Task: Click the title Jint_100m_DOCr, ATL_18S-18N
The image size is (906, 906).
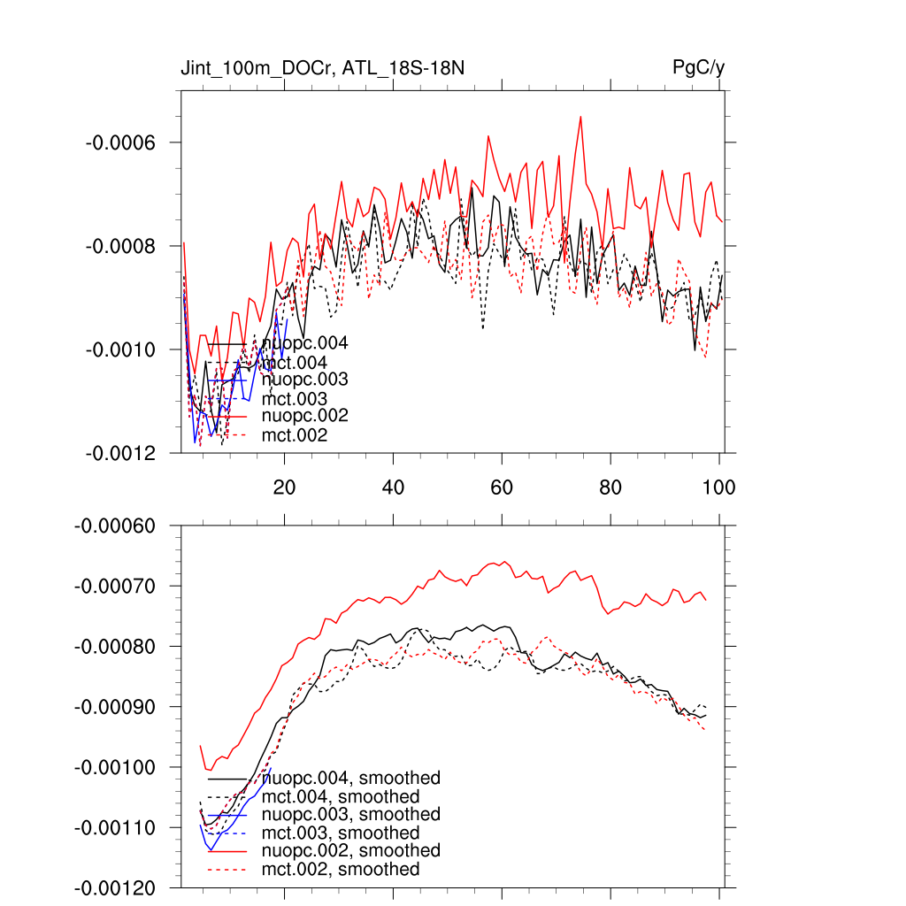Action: tap(329, 68)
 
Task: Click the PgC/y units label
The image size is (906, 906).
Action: tap(699, 68)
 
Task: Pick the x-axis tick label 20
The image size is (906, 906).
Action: tap(284, 486)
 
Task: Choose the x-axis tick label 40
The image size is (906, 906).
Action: tap(393, 486)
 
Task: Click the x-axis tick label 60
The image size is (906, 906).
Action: tap(502, 486)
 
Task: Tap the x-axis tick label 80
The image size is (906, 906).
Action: tap(610, 486)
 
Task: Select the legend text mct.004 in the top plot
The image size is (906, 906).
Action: tap(295, 363)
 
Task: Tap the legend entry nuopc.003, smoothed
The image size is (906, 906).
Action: tap(351, 814)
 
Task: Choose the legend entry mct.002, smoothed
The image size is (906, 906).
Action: tap(341, 869)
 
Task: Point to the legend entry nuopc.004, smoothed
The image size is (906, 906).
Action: tap(351, 778)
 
